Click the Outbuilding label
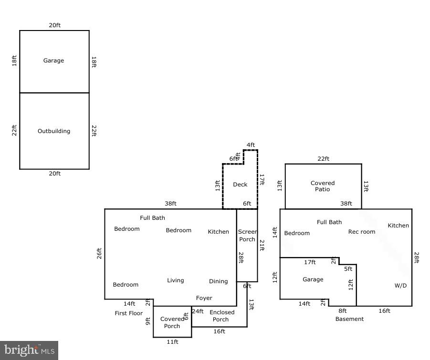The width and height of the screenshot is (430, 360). tap(54, 131)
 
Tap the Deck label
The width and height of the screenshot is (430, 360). tap(240, 185)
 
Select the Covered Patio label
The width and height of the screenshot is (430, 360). tap(323, 186)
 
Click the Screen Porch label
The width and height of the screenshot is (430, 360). tap(247, 236)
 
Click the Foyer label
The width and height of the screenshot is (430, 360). tap(204, 298)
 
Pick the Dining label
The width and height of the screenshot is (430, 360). tap(218, 281)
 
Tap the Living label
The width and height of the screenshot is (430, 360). tap(175, 280)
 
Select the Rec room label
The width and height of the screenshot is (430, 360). tap(362, 232)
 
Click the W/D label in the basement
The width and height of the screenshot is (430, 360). tap(400, 286)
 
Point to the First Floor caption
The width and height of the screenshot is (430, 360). tap(129, 313)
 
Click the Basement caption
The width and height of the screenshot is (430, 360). tap(349, 319)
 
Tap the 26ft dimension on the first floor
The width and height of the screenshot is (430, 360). tap(99, 254)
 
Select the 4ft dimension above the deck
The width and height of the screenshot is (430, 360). tap(251, 145)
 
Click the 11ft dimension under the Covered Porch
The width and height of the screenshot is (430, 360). tap(172, 342)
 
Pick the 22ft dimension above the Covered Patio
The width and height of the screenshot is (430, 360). tap(324, 159)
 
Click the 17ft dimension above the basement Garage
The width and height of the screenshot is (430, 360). tap(310, 262)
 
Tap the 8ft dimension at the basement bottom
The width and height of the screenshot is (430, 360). tap(343, 311)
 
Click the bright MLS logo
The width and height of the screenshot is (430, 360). tap(29, 350)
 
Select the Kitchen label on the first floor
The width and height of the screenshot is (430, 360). tap(218, 232)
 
